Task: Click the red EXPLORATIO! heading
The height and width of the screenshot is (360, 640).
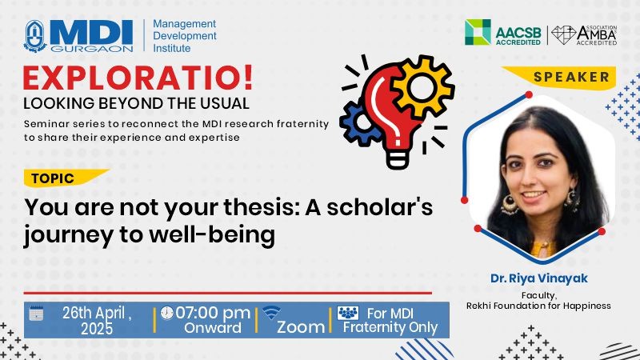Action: click(x=138, y=78)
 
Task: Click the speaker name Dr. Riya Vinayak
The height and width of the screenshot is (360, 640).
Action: click(x=538, y=278)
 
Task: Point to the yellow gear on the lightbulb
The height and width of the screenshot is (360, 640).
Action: click(x=422, y=87)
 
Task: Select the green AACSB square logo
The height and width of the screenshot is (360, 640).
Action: click(x=478, y=32)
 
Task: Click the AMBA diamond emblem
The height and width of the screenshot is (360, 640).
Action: click(x=563, y=35)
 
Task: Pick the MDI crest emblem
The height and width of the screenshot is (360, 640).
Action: click(x=35, y=36)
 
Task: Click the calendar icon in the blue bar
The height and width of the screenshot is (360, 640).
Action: click(x=36, y=313)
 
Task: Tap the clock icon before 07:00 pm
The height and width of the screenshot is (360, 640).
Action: click(x=166, y=313)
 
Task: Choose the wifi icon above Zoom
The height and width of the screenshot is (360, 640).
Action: click(x=271, y=313)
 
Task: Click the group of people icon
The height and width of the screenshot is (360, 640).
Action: click(x=348, y=313)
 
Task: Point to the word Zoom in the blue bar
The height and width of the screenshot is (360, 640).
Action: click(x=301, y=327)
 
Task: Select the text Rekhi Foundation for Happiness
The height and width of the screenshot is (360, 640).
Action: click(x=538, y=306)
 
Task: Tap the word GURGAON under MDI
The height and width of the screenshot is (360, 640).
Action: click(x=92, y=49)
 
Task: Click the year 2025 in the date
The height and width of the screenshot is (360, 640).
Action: click(x=97, y=329)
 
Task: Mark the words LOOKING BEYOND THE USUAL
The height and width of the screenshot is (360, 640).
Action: click(x=136, y=103)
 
